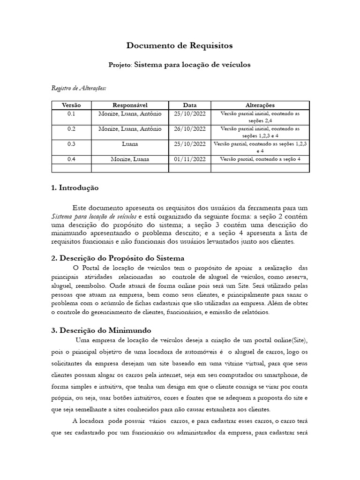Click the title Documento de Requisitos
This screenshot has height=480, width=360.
(x=180, y=45)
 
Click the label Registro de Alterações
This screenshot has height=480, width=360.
(x=78, y=88)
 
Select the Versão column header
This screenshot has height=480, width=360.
(x=71, y=105)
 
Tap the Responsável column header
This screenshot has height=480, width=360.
(x=130, y=105)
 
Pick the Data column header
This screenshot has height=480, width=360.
(x=190, y=105)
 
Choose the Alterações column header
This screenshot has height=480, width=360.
(x=260, y=105)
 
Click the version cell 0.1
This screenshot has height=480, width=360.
(x=71, y=114)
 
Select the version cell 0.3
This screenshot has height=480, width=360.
(x=71, y=144)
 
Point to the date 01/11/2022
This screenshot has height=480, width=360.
(x=190, y=159)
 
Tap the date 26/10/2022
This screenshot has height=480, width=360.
(x=190, y=129)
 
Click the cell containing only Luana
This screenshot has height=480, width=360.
(x=130, y=144)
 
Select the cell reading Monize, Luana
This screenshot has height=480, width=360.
(x=130, y=159)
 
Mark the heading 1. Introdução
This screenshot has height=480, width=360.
(x=75, y=187)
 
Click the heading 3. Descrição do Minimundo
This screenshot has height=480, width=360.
(x=101, y=330)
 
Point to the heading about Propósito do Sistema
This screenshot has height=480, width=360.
(x=117, y=258)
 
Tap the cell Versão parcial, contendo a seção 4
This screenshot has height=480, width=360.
(x=260, y=159)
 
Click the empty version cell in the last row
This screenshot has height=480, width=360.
(x=71, y=168)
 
